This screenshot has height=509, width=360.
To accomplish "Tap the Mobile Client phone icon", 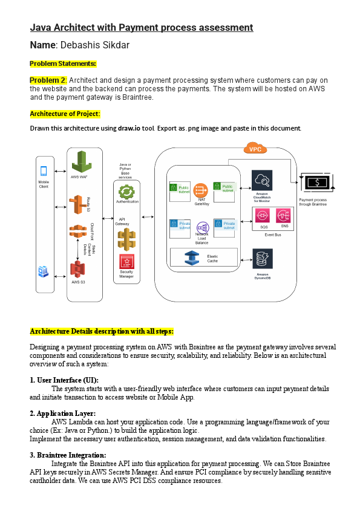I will (44, 171).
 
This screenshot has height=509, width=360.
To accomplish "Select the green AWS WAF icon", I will (81, 162).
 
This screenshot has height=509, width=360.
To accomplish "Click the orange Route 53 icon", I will (78, 205).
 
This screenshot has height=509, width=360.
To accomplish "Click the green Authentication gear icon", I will (127, 192).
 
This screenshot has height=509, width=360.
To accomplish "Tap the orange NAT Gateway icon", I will (201, 190).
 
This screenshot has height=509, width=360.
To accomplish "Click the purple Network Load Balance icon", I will (203, 227).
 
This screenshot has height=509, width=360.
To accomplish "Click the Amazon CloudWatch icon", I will (262, 180).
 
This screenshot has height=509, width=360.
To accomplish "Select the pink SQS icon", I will (263, 216).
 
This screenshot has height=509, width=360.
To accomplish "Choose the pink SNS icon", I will (283, 216).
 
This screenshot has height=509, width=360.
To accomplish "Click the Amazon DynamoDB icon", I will (263, 259).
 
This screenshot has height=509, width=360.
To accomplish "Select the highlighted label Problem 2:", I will (48, 80).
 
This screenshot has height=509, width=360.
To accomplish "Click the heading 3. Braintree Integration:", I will (68, 455).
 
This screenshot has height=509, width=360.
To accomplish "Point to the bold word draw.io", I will (128, 128).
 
